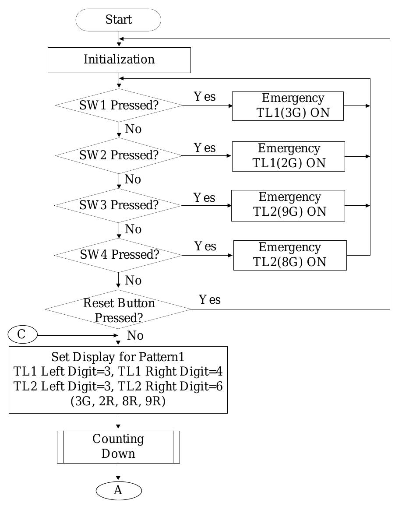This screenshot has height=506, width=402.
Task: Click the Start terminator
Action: click(x=118, y=20)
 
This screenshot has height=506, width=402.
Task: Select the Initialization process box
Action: click(x=119, y=60)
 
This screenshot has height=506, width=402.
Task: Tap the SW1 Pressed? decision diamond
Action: click(x=119, y=105)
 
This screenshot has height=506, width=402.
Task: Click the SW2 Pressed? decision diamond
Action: click(x=119, y=155)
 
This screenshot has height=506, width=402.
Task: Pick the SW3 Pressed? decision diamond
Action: click(x=119, y=205)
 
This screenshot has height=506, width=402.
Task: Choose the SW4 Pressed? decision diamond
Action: click(x=119, y=255)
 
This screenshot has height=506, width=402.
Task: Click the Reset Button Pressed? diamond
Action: click(x=119, y=310)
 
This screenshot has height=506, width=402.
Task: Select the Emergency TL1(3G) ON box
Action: click(x=288, y=106)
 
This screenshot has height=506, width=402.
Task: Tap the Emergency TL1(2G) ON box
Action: click(x=288, y=156)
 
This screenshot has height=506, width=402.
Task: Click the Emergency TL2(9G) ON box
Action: click(x=288, y=205)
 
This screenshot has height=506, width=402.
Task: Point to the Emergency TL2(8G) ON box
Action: click(x=289, y=255)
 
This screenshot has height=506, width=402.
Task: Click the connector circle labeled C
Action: click(x=22, y=335)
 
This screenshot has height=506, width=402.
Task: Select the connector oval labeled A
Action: click(x=119, y=491)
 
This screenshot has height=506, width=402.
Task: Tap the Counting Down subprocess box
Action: click(x=118, y=446)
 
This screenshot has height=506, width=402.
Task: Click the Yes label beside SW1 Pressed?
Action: click(x=205, y=97)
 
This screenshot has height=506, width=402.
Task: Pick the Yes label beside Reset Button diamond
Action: click(x=210, y=300)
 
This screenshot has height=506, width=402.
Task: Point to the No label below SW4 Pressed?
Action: click(x=134, y=280)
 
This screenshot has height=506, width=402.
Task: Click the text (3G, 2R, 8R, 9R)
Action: click(x=118, y=401)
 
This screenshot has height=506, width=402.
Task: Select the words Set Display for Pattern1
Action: click(x=118, y=356)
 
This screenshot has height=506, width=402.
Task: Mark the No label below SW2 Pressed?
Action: click(x=133, y=179)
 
